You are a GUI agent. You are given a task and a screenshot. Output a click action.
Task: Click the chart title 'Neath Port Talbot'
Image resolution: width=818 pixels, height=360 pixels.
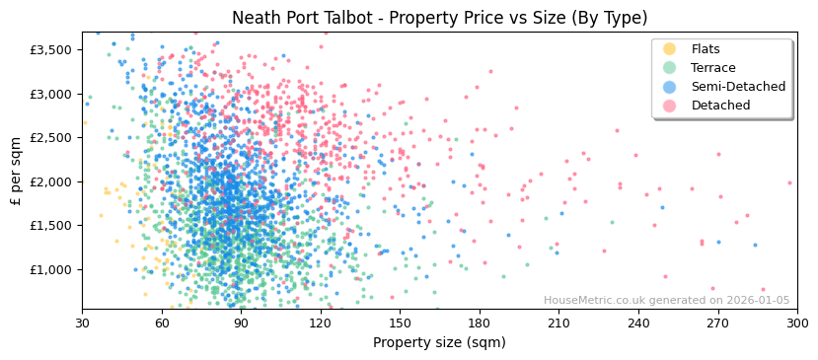point(439,18)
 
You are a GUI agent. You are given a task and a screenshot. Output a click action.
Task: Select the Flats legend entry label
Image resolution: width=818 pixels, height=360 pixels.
point(705,49)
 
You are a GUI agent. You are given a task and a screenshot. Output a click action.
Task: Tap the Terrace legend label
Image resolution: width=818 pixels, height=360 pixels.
point(712,68)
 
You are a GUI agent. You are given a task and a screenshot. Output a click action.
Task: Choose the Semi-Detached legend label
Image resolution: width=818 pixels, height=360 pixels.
point(738,87)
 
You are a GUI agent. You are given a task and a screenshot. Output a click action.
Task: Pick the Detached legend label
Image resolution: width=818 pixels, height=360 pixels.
point(720,106)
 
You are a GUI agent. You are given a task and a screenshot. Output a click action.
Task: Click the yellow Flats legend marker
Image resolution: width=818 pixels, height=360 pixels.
point(669,49)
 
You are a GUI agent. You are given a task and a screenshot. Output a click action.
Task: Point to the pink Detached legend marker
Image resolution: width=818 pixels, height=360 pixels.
point(669,106)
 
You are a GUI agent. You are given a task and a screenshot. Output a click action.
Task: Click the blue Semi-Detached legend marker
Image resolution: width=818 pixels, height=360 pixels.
point(669,87)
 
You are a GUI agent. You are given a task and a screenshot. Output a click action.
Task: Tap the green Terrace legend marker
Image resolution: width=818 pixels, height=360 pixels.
point(669,68)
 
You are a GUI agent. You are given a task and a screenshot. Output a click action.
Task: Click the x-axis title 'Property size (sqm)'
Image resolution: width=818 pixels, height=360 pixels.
point(439,343)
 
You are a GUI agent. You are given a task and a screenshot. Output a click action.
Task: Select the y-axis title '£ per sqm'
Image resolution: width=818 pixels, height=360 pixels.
point(17,170)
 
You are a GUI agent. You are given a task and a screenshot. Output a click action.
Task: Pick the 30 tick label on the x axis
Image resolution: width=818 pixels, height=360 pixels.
point(82,323)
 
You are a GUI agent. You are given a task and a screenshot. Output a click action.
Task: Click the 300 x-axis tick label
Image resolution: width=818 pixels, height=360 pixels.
point(796,323)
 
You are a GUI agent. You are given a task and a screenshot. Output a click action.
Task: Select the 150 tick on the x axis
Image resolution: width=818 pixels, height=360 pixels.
point(400,323)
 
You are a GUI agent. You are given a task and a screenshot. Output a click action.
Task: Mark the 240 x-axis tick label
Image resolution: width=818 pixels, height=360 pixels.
point(637,323)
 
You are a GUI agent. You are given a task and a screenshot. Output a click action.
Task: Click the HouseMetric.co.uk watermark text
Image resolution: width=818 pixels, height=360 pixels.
point(666,301)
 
